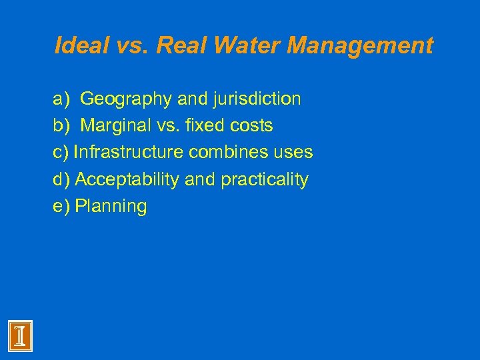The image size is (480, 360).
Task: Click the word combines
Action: click(227, 153)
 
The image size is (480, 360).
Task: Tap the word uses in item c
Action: click(292, 153)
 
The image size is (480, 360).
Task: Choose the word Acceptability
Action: click(124, 179)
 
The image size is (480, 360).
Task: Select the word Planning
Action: click(111, 206)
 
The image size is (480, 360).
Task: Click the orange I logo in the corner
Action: click(20, 335)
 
